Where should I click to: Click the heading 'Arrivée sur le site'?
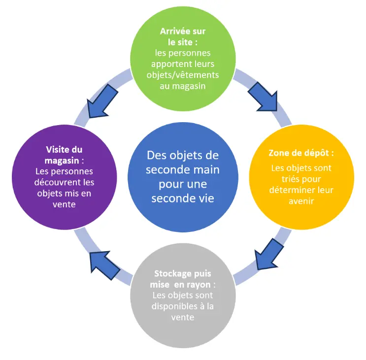[183, 36]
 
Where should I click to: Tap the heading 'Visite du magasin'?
[65, 155]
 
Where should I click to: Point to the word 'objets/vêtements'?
[183, 75]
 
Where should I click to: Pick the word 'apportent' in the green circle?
[168, 64]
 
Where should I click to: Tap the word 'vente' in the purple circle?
[65, 204]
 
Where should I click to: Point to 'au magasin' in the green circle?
[183, 86]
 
